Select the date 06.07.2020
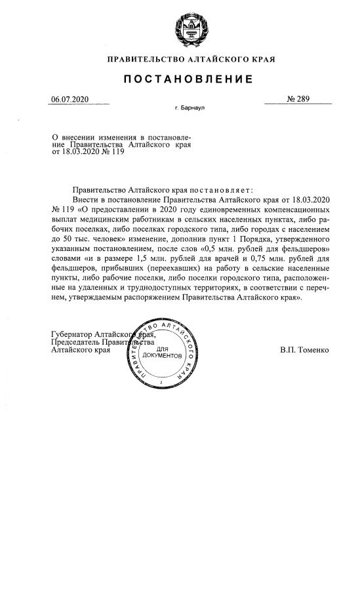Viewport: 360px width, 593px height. coord(70,100)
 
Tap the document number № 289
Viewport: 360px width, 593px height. coord(298,100)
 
